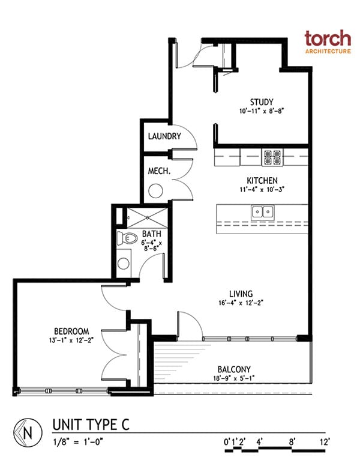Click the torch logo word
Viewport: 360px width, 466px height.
click(x=327, y=38)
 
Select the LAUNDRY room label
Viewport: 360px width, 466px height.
click(x=164, y=136)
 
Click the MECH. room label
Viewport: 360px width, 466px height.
click(x=159, y=171)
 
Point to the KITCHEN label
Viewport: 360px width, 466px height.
click(x=262, y=181)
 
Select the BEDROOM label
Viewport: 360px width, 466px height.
click(x=71, y=331)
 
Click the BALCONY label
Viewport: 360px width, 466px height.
click(x=235, y=369)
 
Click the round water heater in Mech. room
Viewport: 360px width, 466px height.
click(x=155, y=192)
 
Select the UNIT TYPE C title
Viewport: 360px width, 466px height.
click(x=90, y=425)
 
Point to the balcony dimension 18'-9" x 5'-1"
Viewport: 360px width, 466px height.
click(x=235, y=379)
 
